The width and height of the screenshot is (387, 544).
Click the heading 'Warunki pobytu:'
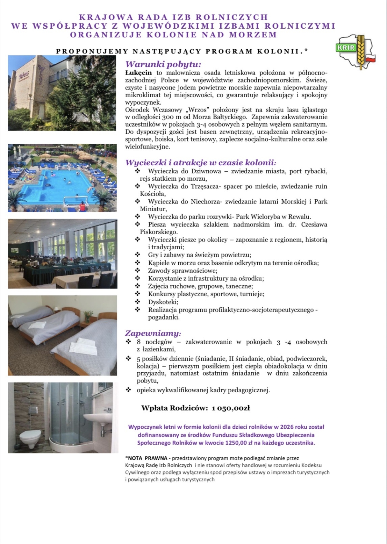163,64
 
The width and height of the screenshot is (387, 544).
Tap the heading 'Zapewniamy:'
153,333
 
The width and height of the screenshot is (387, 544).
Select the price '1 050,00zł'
231,408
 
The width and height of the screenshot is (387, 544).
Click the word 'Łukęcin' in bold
138,72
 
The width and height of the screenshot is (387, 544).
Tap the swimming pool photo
62,178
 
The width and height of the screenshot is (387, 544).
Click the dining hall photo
62,254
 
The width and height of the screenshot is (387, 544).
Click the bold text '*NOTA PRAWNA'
146,458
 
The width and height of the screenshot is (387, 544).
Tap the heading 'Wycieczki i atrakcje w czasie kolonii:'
201,162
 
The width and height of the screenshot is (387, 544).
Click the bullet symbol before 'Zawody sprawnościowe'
138,271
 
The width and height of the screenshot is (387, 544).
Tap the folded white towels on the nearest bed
84,347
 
